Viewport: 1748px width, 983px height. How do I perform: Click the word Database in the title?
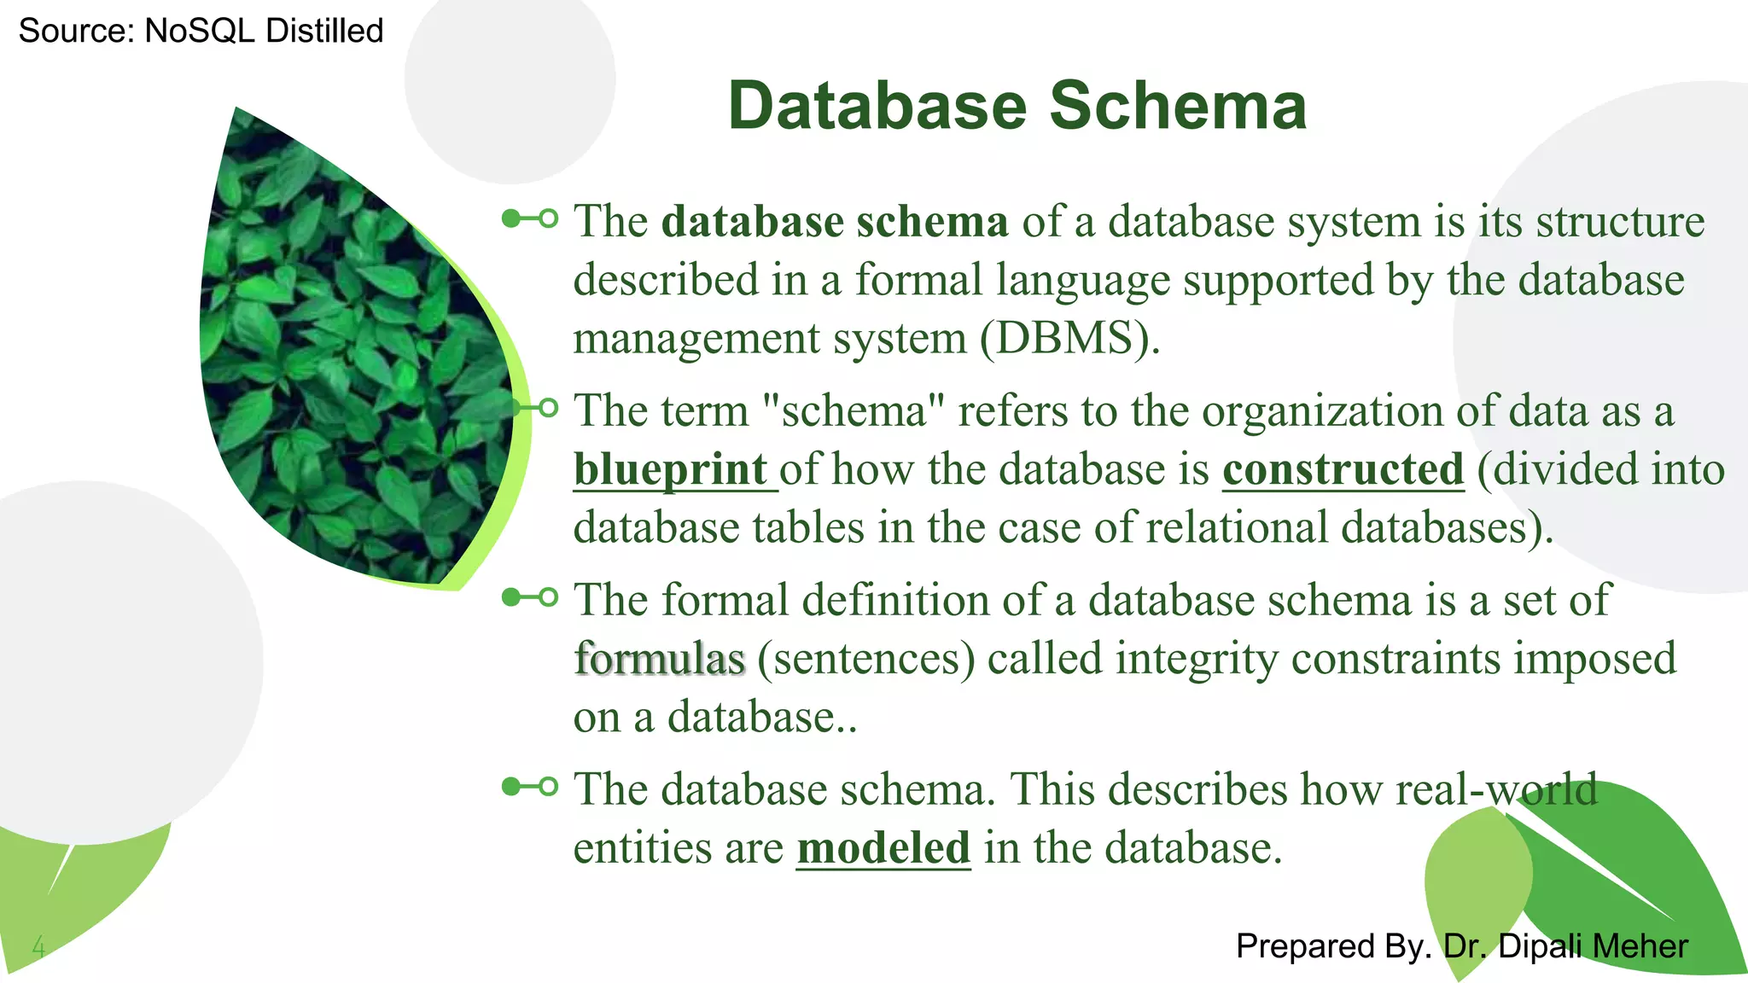pos(877,106)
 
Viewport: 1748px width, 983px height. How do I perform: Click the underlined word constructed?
pos(1343,469)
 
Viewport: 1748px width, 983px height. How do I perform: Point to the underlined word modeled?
pos(883,847)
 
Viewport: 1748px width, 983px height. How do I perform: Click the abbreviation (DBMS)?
pos(1069,338)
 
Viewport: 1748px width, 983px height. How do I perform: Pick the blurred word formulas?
pos(660,659)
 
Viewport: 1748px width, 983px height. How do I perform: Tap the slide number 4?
pos(38,945)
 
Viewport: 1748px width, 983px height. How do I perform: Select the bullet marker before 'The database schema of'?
pos(530,218)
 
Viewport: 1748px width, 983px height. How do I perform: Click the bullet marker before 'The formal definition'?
pos(530,596)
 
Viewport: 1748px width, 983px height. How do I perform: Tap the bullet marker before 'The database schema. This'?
pos(530,786)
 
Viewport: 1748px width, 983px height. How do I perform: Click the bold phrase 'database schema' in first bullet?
pos(835,221)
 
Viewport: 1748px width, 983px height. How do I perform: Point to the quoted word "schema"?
pos(853,410)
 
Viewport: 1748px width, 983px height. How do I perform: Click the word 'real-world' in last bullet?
pos(1495,788)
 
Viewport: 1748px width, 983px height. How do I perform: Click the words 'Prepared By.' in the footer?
pos(1332,946)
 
